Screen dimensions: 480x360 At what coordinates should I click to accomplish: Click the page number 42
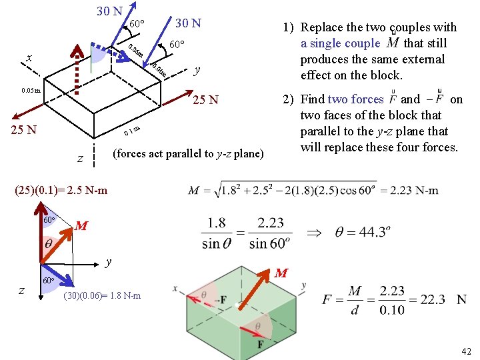pyautogui.click(x=465, y=351)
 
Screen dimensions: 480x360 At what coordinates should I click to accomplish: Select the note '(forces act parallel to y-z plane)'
pyautogui.click(x=189, y=153)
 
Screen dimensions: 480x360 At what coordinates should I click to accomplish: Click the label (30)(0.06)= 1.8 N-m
pyautogui.click(x=102, y=295)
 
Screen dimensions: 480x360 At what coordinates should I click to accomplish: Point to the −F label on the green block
pyautogui.click(x=217, y=300)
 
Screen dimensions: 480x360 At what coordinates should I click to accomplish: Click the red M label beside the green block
pyautogui.click(x=281, y=273)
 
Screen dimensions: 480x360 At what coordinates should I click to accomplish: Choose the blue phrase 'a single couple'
pyautogui.click(x=339, y=43)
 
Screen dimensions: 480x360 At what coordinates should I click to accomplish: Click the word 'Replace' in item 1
pyautogui.click(x=323, y=27)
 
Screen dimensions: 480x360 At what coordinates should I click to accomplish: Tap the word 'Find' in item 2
pyautogui.click(x=313, y=99)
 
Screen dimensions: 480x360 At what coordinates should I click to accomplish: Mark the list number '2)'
pyautogui.click(x=288, y=99)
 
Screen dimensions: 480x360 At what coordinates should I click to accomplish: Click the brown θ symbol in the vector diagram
pyautogui.click(x=49, y=244)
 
